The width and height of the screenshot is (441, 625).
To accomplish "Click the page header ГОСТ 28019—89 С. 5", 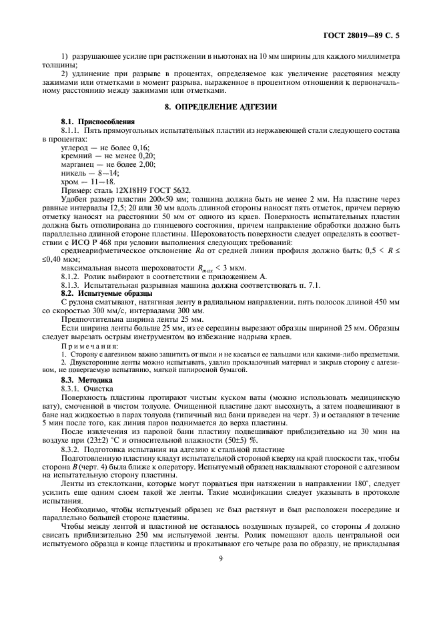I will coord(385,31).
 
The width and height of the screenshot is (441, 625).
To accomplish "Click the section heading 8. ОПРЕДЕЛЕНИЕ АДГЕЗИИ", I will coord(220,107).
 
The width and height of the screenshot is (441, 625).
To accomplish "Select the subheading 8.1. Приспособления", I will coord(97,122).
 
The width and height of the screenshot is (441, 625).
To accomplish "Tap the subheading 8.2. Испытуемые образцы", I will coord(106,293).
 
